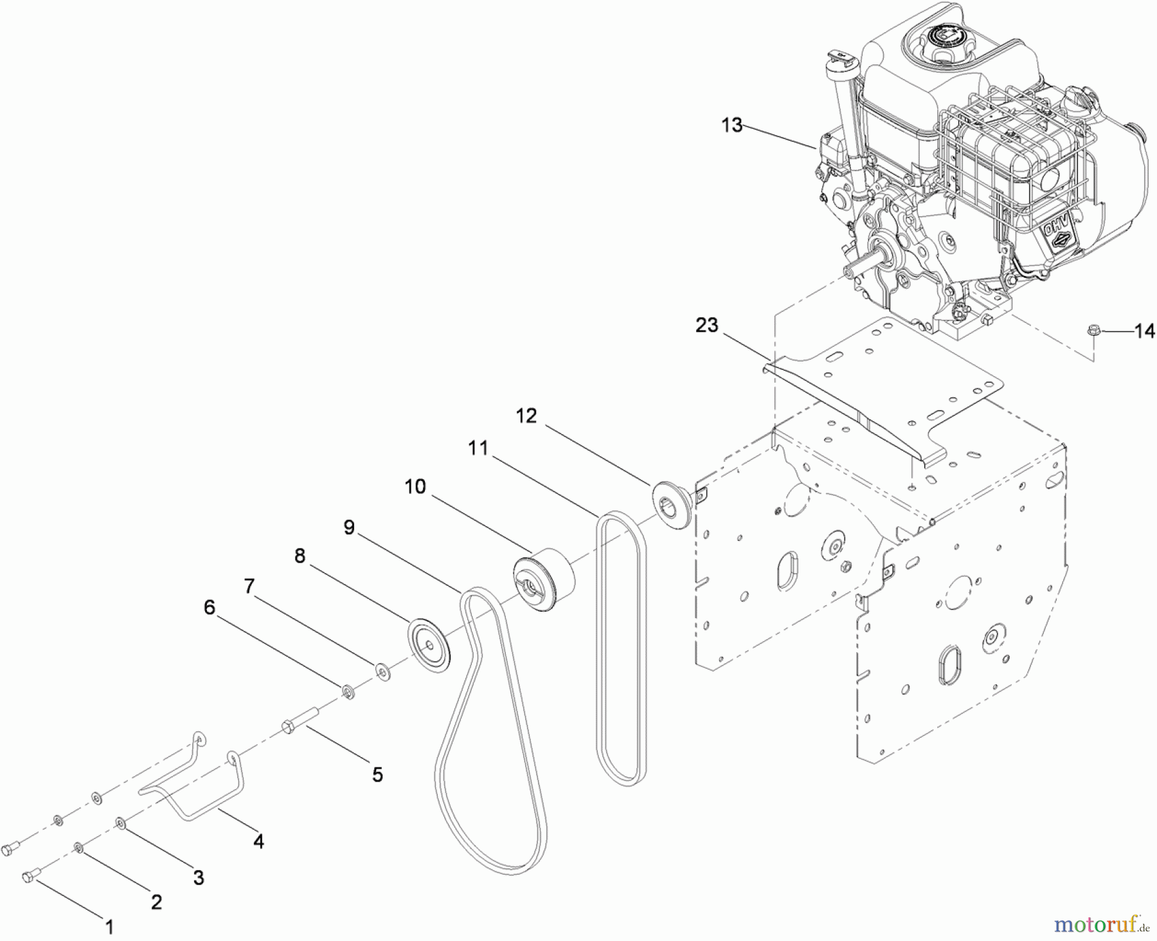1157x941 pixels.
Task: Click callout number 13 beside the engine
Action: click(731, 125)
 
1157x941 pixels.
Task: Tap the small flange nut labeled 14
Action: click(1092, 331)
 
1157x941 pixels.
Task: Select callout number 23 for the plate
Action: click(706, 325)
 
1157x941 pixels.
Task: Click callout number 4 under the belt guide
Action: click(258, 841)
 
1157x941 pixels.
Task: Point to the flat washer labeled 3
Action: click(121, 823)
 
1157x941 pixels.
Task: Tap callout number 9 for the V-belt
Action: click(349, 528)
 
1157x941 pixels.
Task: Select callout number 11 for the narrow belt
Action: click(478, 448)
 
